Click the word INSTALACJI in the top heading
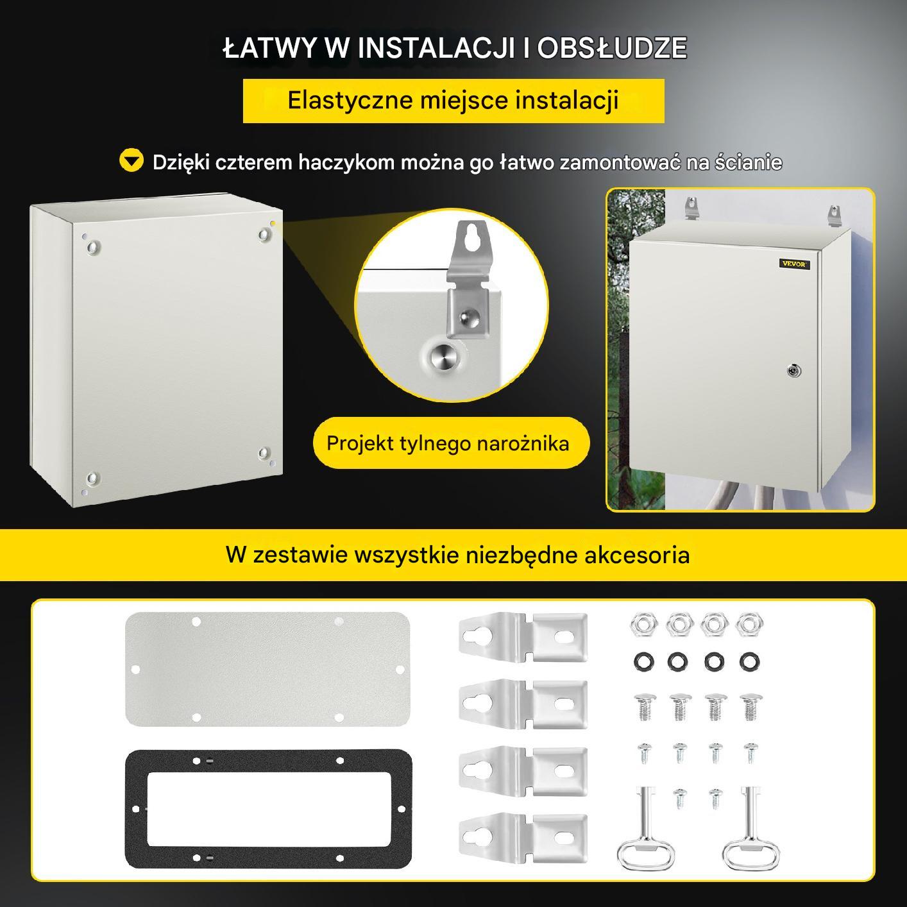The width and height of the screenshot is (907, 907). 436,48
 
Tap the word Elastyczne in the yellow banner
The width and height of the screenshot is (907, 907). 350,101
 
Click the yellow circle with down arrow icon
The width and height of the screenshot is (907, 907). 131,160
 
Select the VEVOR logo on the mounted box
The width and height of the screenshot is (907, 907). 793,264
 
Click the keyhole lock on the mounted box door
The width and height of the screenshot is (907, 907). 793,371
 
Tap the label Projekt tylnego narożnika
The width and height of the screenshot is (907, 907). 448,443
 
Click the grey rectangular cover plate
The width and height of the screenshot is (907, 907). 267,669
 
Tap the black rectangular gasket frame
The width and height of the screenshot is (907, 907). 137,809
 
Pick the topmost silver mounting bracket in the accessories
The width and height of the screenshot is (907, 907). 523,637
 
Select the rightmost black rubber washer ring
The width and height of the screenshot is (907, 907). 750,662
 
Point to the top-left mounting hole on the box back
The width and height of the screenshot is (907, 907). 94,247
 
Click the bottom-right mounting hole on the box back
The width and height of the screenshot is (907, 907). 264,453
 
